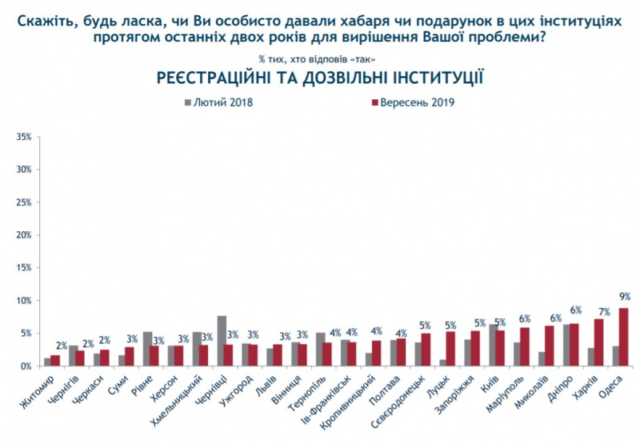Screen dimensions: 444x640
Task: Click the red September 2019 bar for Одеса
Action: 622,337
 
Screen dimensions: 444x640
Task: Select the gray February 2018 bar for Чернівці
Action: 222,341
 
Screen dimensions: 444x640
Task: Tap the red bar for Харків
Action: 598,342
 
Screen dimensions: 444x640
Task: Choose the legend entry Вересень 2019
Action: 411,102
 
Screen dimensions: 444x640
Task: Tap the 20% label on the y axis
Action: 25,235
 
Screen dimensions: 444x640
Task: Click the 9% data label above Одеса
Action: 624,295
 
